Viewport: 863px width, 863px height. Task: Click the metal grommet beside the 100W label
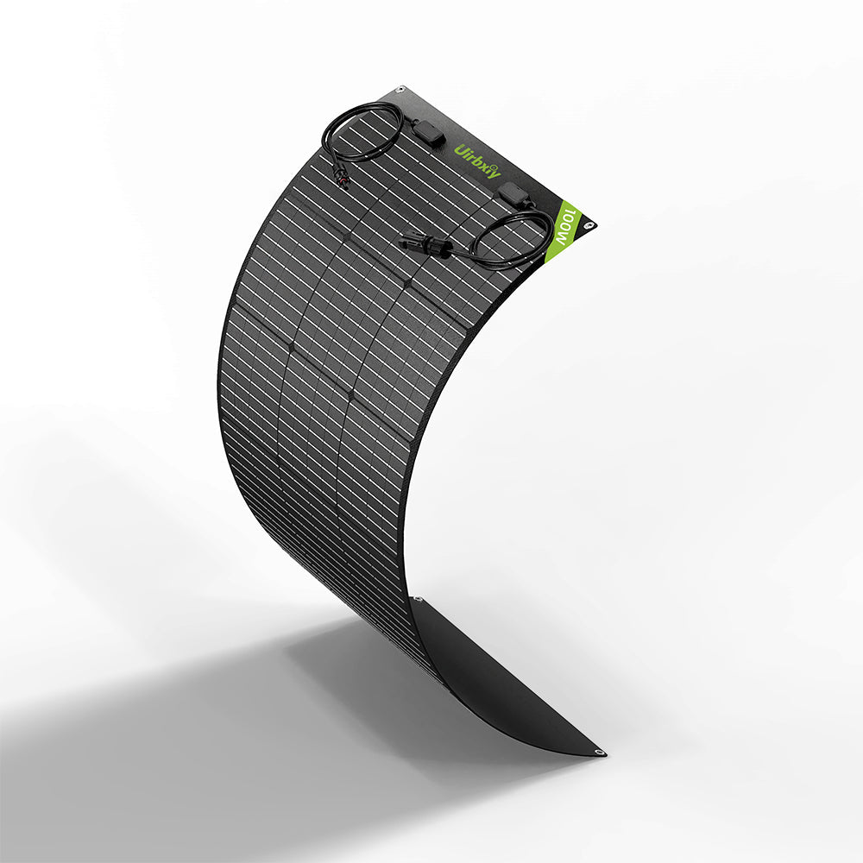pyautogui.click(x=589, y=226)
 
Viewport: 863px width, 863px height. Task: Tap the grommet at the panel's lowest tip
pyautogui.click(x=598, y=752)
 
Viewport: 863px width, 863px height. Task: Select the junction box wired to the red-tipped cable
pyautogui.click(x=429, y=133)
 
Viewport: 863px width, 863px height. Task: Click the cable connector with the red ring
pyautogui.click(x=343, y=177)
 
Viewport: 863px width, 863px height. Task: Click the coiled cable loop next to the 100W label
pyautogui.click(x=513, y=237)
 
